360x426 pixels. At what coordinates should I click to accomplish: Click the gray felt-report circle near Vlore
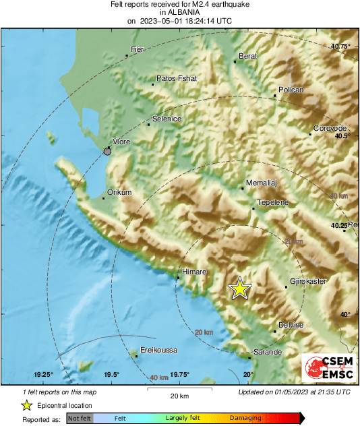click(x=108, y=152)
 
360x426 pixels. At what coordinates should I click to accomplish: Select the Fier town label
click(x=138, y=49)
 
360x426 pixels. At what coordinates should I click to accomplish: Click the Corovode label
click(x=330, y=128)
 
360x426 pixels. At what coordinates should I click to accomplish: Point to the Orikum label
click(x=119, y=192)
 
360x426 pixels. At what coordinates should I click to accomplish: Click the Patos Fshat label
click(x=177, y=79)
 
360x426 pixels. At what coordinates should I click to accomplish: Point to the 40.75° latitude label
click(x=340, y=46)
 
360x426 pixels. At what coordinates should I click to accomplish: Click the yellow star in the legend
click(x=26, y=406)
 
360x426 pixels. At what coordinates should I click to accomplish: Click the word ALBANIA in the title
click(x=179, y=12)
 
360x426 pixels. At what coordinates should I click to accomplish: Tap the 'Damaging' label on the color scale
click(x=245, y=419)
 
